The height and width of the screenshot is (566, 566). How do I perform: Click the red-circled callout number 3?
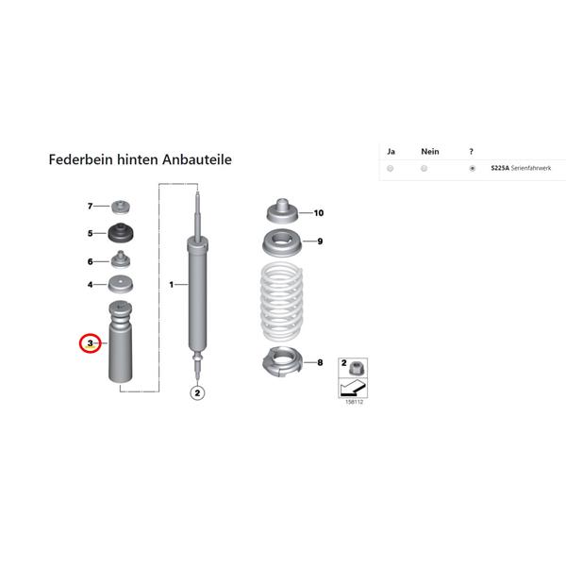90,343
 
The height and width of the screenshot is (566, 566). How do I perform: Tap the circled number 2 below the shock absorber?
197,392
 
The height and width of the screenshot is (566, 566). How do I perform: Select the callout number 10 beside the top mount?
319,213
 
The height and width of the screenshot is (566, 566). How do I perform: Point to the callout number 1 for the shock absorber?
172,285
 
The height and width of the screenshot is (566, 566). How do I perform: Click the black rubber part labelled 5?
121,233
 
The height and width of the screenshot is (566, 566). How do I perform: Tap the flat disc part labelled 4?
121,284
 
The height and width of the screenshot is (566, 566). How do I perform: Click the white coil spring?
281,302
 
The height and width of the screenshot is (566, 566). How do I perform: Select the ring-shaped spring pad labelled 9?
282,242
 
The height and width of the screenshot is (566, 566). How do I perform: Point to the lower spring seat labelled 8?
281,360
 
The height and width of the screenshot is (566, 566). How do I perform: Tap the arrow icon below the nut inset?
353,388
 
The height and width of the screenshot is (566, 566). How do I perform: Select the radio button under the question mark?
473,169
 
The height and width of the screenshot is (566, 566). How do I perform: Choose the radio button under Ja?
390,169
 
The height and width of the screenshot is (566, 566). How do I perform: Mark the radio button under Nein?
424,169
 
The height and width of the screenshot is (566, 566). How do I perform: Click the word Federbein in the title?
81,159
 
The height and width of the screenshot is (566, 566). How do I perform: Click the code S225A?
500,168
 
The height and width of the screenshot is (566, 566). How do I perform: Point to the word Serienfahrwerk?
531,168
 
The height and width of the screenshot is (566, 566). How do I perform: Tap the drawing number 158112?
354,402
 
